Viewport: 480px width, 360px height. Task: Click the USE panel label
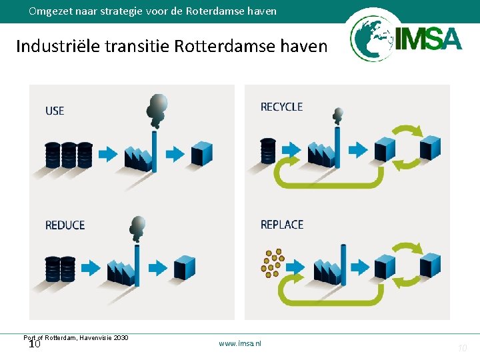(x=55, y=111)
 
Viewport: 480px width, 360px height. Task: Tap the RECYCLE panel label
(x=281, y=107)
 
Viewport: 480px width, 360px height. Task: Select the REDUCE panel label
(x=65, y=225)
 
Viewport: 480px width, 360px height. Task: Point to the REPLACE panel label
(x=282, y=225)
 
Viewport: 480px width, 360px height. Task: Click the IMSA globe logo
(x=371, y=39)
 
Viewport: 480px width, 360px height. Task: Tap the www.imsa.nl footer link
(x=240, y=343)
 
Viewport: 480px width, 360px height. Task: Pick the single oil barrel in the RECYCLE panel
(x=268, y=150)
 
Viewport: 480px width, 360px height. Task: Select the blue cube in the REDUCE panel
(x=184, y=267)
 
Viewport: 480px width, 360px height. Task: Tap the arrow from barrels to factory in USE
(x=107, y=155)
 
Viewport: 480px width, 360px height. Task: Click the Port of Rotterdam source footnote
(x=75, y=338)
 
